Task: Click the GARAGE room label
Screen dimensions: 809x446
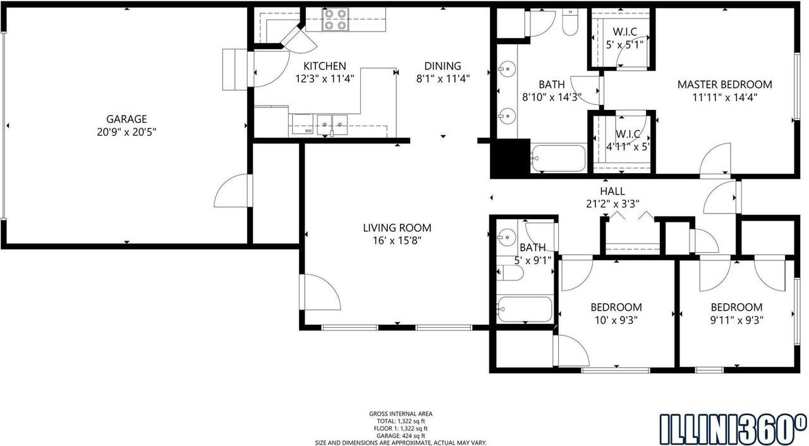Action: (126, 119)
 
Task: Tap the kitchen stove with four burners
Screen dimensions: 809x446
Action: (336, 19)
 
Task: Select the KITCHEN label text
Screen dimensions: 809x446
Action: (325, 66)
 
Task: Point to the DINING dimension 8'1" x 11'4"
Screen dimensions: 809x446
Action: (443, 79)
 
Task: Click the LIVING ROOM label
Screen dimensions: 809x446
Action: (397, 227)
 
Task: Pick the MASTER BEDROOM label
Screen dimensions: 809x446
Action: (724, 85)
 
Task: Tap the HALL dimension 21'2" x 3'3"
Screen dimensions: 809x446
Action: (612, 204)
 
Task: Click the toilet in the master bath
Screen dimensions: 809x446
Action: (570, 21)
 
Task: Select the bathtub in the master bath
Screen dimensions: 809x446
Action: (558, 158)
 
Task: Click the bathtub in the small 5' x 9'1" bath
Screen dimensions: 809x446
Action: (525, 309)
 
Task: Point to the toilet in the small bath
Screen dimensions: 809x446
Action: (510, 273)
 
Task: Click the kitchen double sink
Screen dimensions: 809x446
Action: (332, 125)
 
